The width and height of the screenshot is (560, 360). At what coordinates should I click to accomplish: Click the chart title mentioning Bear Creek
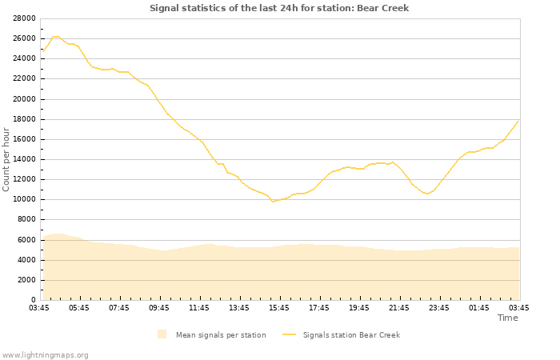coord(279,8)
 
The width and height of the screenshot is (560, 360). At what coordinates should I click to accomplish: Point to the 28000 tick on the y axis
coord(24,18)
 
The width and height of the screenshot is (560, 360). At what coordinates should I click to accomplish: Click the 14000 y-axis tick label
coord(24,159)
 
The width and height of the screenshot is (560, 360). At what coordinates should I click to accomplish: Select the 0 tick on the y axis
coord(34,300)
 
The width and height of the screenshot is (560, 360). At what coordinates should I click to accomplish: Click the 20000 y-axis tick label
coord(24,99)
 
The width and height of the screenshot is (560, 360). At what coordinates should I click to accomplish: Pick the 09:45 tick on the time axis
coord(159,308)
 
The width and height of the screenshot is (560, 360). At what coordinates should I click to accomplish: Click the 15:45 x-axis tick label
coord(279,308)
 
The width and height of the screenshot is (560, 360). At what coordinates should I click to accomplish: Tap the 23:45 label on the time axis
coord(439,308)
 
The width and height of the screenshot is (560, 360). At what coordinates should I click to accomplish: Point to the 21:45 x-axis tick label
coord(399,308)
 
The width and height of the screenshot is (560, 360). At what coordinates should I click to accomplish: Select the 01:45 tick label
coord(479,308)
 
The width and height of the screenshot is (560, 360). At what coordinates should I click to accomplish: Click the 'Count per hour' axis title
coord(6,159)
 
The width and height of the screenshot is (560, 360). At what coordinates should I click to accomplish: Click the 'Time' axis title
coord(507,318)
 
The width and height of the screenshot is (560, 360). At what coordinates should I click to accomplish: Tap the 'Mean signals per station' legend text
coord(221,335)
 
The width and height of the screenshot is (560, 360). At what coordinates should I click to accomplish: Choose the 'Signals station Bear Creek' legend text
coord(351,335)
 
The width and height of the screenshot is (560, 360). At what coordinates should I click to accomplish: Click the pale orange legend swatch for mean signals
coord(162,334)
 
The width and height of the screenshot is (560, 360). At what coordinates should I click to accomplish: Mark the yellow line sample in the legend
coord(289,334)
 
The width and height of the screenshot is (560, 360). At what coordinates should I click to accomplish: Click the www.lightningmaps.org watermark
coord(45,354)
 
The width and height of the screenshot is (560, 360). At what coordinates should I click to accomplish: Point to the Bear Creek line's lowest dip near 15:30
coord(273,202)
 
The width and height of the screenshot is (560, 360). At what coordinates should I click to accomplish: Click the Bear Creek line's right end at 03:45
coord(518,121)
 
